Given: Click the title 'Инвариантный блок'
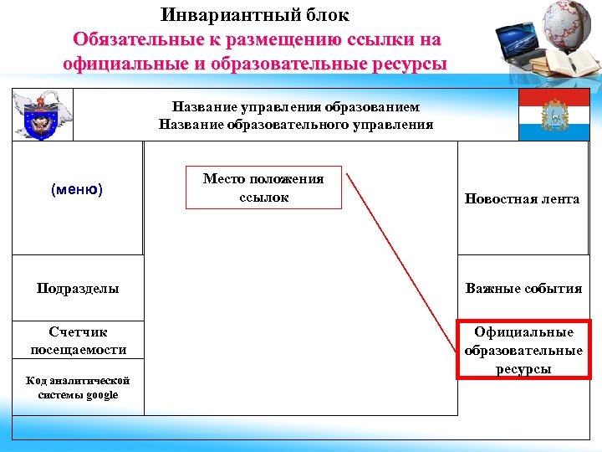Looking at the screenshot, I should point(255,15).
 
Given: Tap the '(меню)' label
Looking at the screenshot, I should point(77,190).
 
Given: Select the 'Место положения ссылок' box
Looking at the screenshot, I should point(263,187).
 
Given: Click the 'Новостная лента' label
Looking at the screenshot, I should point(523,199).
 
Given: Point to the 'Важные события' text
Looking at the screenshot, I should point(523,289).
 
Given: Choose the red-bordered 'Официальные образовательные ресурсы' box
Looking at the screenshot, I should point(523,350).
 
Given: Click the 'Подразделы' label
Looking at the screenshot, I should point(78,289).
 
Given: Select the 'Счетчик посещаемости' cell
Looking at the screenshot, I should point(78,341).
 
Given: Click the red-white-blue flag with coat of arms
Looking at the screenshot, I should point(554,115).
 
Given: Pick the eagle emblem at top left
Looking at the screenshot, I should point(41,114).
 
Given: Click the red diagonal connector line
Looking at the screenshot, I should point(401,251).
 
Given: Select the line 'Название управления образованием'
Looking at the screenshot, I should point(296,107).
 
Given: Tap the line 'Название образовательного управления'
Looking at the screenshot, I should point(296,125).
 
